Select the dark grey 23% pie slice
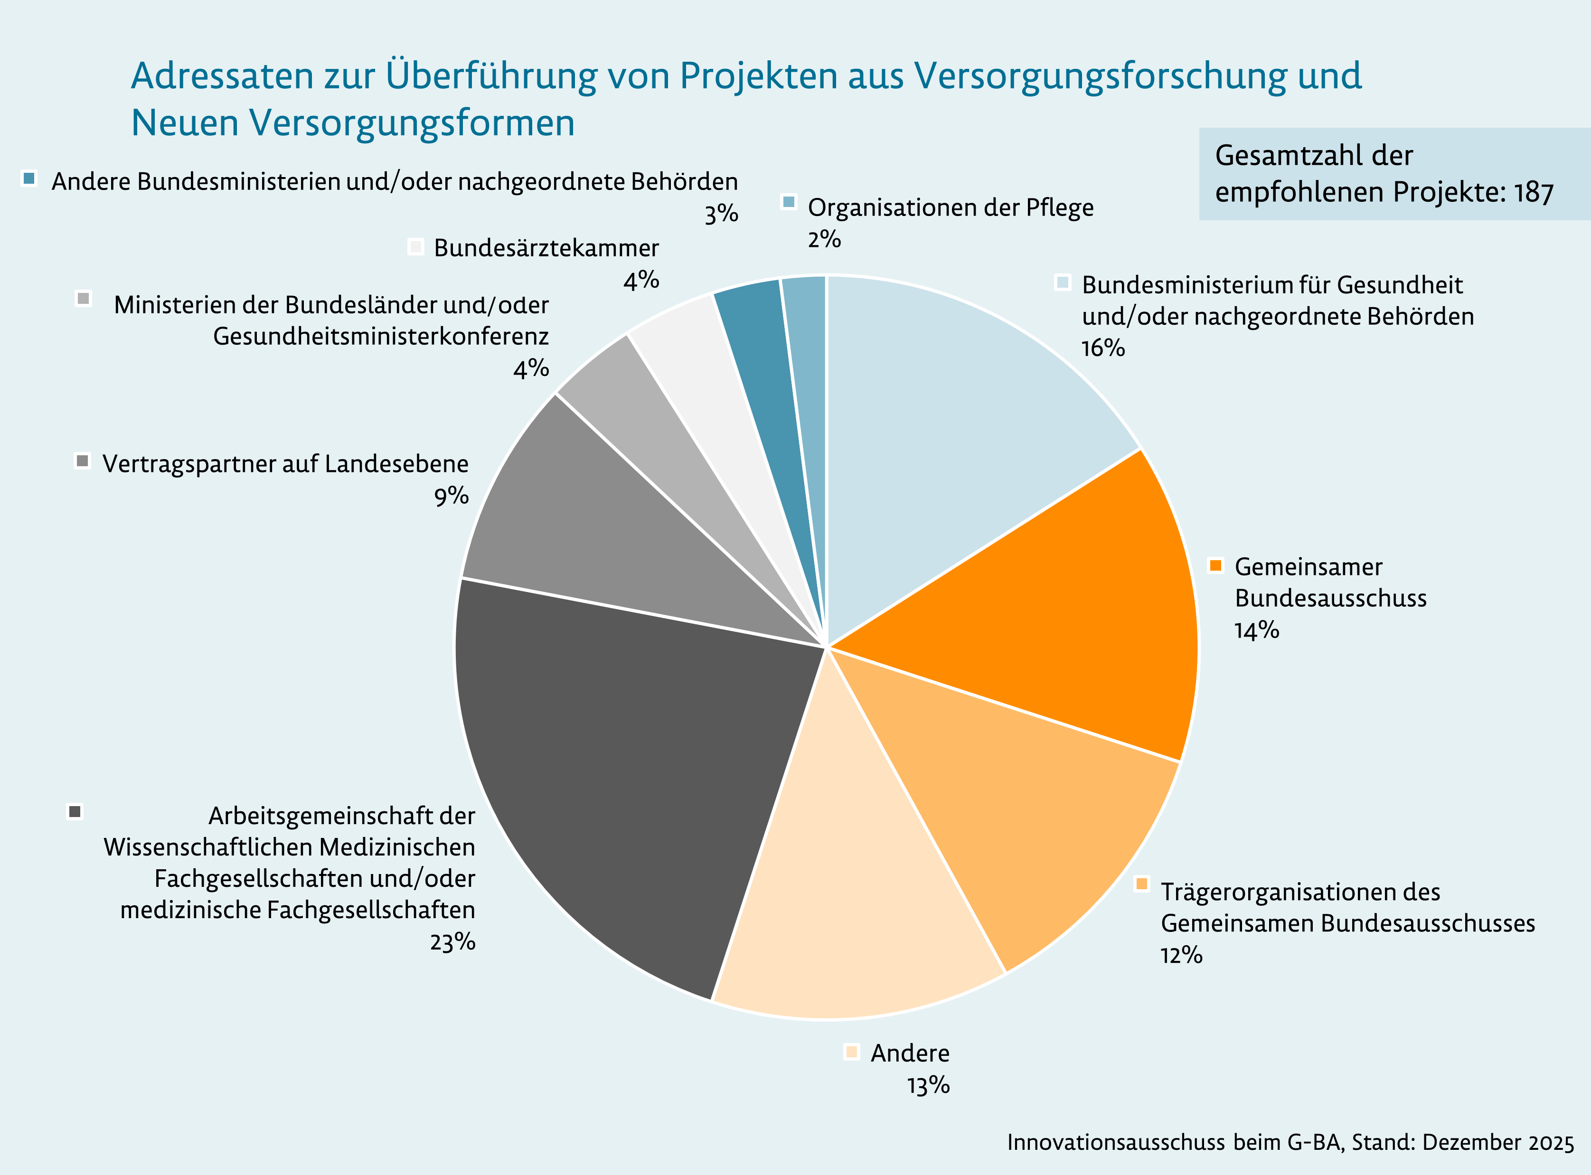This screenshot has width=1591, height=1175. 626,768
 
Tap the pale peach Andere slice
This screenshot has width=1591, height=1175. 854,889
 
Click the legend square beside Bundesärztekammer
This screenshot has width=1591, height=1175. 416,247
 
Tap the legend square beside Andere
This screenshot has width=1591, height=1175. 851,1052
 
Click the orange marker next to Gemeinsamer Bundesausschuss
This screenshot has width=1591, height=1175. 1215,565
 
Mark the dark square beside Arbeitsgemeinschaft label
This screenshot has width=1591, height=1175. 75,811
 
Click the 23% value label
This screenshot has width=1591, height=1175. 452,942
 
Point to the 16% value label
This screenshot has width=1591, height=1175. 1102,348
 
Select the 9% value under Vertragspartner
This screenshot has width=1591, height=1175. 452,496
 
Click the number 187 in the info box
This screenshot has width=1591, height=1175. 1534,193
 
